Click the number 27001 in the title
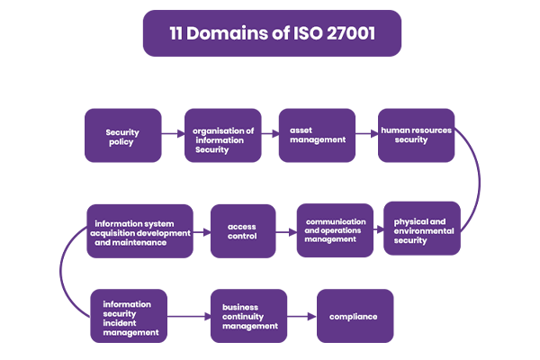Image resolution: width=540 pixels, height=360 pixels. [x=345, y=34]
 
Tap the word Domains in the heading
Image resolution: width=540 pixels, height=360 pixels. [x=225, y=34]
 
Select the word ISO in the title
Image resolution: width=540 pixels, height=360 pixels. [x=296, y=34]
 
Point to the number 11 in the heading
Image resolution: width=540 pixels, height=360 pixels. [x=178, y=34]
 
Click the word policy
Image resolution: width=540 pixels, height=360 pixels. [x=121, y=142]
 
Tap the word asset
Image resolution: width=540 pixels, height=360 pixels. [x=301, y=130]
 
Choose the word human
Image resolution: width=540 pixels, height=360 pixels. [x=396, y=130]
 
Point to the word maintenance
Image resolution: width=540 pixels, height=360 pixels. [x=140, y=243]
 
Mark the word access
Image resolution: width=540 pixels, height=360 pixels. [x=242, y=227]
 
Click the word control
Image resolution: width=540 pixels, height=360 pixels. [x=242, y=237]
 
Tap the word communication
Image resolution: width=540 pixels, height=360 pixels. [x=336, y=220]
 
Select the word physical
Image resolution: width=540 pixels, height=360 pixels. [x=412, y=221]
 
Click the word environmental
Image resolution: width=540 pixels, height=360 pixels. [x=424, y=231]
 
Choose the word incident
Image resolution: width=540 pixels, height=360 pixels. [x=121, y=323]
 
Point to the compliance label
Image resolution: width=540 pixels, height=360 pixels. [x=354, y=317]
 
